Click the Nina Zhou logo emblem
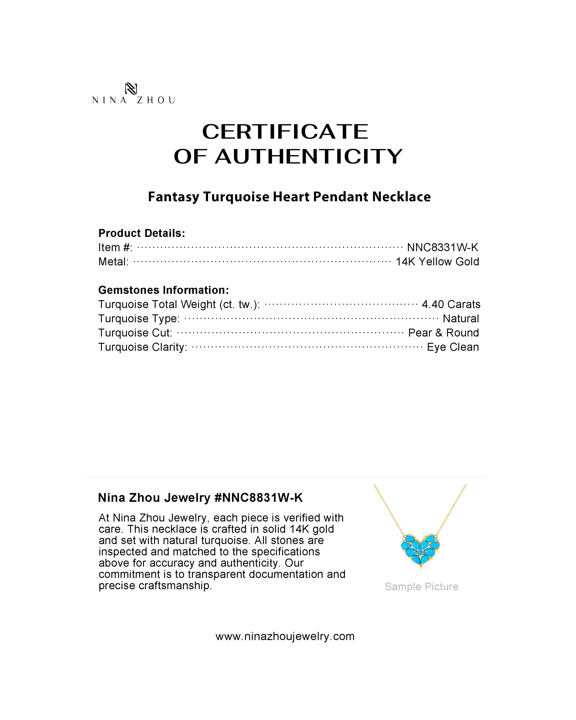(x=131, y=89)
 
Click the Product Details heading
(x=142, y=233)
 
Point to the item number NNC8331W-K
(x=443, y=248)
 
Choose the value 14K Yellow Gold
(x=437, y=262)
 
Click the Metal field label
(x=113, y=262)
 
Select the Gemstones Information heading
(x=164, y=290)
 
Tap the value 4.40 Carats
(x=451, y=304)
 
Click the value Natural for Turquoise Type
(x=461, y=319)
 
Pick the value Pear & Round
(x=443, y=333)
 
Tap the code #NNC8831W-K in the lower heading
(x=258, y=498)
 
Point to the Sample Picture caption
(x=421, y=587)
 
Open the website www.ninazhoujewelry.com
(x=285, y=636)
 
